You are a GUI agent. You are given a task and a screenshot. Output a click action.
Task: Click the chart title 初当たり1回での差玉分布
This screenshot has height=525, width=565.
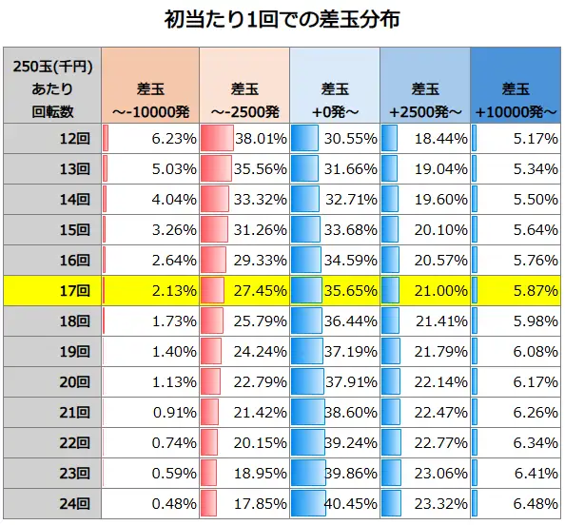[x=282, y=19]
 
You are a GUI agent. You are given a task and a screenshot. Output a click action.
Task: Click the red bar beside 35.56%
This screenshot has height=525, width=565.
[x=217, y=168]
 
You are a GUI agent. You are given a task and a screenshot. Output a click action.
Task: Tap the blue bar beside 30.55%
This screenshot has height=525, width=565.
[x=304, y=138]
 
